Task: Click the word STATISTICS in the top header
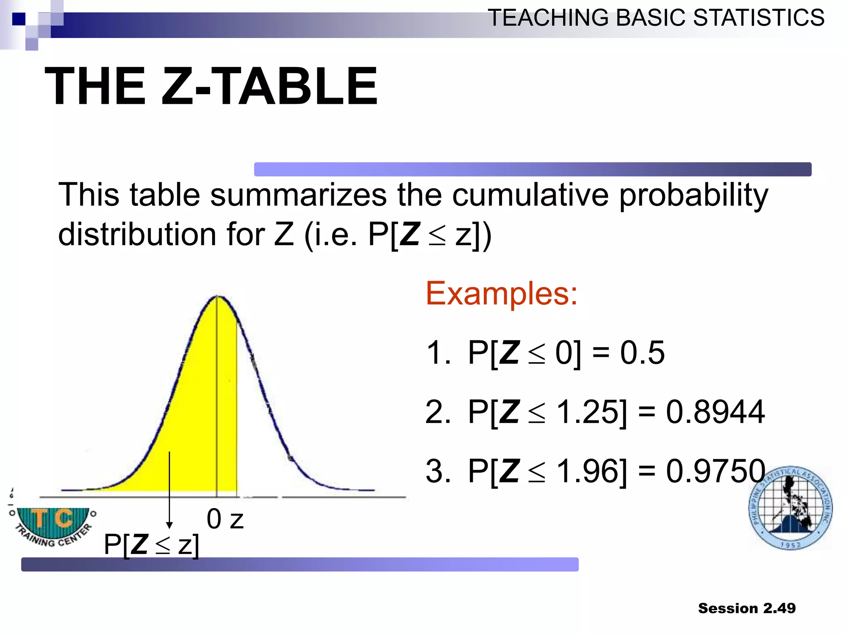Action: tap(758, 18)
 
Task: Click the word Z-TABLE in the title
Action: tap(269, 86)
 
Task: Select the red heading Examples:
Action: tap(501, 293)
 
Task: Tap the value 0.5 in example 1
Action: tap(642, 353)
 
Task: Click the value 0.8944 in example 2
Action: tap(715, 412)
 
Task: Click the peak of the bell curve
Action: tap(218, 296)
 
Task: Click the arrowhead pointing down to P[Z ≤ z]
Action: tap(169, 525)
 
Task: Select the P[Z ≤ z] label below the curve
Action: tap(151, 544)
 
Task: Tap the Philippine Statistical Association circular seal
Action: tap(790, 508)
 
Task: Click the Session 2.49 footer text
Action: tap(747, 608)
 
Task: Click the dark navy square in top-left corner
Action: tap(19, 19)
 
